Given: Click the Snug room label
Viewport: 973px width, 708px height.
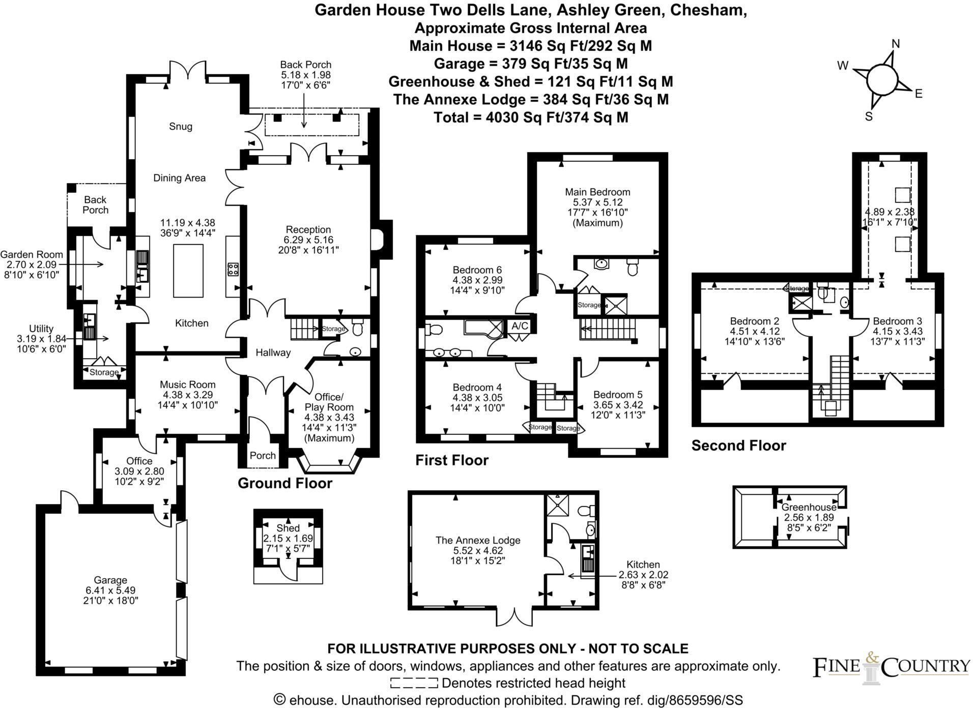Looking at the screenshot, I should (x=180, y=126).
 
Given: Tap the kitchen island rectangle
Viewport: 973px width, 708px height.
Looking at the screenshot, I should (x=188, y=270).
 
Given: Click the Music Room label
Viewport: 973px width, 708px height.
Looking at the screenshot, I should (x=187, y=385).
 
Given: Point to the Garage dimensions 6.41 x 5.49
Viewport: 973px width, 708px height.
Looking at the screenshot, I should (x=110, y=590).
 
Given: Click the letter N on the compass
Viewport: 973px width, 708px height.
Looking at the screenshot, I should (x=896, y=44).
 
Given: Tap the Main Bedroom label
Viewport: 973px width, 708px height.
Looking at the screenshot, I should (x=597, y=192).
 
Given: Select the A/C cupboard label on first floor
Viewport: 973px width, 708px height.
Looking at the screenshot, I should (x=520, y=326).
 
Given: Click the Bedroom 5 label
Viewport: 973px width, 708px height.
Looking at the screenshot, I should (x=617, y=395).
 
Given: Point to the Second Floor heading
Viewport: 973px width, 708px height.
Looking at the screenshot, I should (x=738, y=446).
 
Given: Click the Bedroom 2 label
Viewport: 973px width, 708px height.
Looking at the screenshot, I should (x=754, y=321).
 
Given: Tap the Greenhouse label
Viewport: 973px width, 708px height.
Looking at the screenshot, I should (x=808, y=507).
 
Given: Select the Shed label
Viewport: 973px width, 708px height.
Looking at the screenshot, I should (x=288, y=528).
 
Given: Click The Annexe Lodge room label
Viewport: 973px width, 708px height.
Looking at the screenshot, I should (x=477, y=540).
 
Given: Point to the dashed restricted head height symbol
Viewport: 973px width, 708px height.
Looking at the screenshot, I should (x=413, y=683).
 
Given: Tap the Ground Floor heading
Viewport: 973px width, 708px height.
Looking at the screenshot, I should (x=284, y=483).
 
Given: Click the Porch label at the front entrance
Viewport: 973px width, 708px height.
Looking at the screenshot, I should (x=263, y=455).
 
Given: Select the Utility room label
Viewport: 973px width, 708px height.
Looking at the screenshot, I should (x=41, y=329).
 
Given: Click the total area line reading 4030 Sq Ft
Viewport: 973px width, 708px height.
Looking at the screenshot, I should (x=531, y=117).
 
